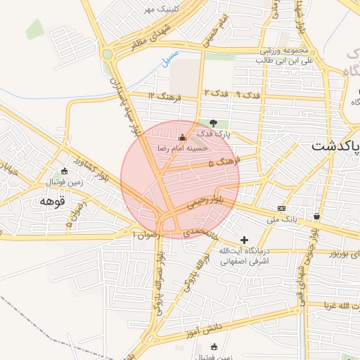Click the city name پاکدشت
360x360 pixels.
[335, 146]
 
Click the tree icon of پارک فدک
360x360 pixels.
[214, 123]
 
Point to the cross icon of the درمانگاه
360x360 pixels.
[244, 240]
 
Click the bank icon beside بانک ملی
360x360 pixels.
[281, 208]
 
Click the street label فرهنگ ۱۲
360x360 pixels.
[165, 96]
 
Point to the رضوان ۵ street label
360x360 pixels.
[77, 214]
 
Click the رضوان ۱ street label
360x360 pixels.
[143, 233]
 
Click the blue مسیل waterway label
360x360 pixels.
[169, 58]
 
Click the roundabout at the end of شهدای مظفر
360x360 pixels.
[107, 53]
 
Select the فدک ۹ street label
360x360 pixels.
[249, 93]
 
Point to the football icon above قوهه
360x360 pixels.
[65, 171]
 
